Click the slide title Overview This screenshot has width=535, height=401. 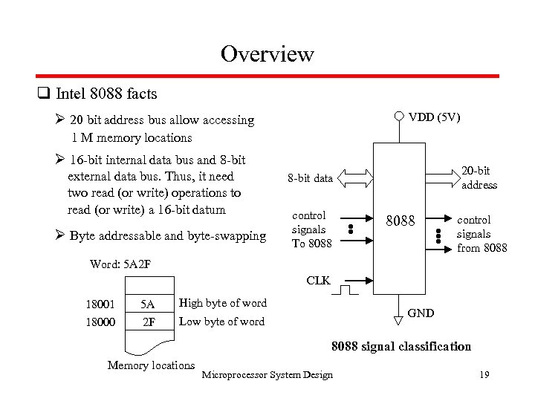click(x=267, y=54)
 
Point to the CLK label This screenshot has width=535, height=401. click(x=318, y=281)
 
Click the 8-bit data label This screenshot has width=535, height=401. click(x=311, y=178)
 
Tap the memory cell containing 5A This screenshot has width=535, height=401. click(x=147, y=304)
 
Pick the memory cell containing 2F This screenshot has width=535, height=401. click(x=147, y=322)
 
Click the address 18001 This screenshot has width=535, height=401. click(x=102, y=304)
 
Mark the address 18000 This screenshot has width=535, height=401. click(x=102, y=322)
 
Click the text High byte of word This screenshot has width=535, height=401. click(x=222, y=303)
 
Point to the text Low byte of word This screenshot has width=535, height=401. click(x=221, y=322)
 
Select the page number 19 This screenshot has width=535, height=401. click(x=484, y=374)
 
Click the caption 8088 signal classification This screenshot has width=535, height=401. click(x=401, y=346)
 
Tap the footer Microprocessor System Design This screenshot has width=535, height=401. click(x=267, y=374)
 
